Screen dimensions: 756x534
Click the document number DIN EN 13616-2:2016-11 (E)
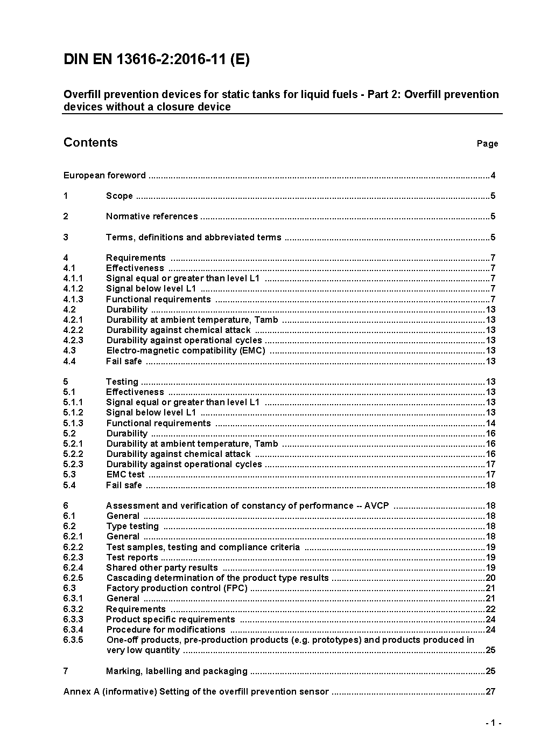156,60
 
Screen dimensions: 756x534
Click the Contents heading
90,142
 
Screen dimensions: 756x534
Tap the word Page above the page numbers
487,143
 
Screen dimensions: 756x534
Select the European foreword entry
104,175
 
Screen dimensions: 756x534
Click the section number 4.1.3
73,299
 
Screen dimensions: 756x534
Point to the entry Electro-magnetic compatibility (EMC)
186,351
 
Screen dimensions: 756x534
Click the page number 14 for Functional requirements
490,424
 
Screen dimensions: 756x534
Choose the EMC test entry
125,475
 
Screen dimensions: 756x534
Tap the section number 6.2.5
73,578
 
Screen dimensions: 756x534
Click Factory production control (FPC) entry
177,588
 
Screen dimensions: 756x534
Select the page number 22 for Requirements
490,609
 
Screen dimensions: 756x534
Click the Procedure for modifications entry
166,630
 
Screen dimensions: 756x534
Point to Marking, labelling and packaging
177,671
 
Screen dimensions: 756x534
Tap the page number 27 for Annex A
490,692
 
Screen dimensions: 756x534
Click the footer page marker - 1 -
493,723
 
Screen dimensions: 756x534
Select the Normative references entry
152,217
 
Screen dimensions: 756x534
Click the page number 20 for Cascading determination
490,578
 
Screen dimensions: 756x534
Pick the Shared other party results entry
162,568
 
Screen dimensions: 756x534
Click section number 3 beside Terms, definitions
66,237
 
